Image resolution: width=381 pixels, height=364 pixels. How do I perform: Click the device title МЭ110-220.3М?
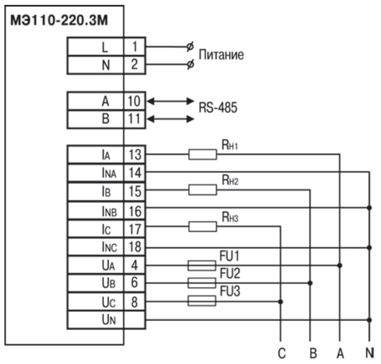tap(57, 22)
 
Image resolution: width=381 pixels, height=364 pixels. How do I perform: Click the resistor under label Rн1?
tap(202, 155)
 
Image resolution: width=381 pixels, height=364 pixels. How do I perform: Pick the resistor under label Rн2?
tap(202, 189)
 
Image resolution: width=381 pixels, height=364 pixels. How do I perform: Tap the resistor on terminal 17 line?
tap(202, 226)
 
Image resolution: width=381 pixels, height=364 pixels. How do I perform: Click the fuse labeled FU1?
tap(202, 265)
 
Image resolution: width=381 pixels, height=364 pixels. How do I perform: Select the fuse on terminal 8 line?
tap(202, 301)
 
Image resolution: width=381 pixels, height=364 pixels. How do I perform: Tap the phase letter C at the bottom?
tap(280, 353)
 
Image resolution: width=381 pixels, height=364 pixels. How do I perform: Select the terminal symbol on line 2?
tap(190, 65)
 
